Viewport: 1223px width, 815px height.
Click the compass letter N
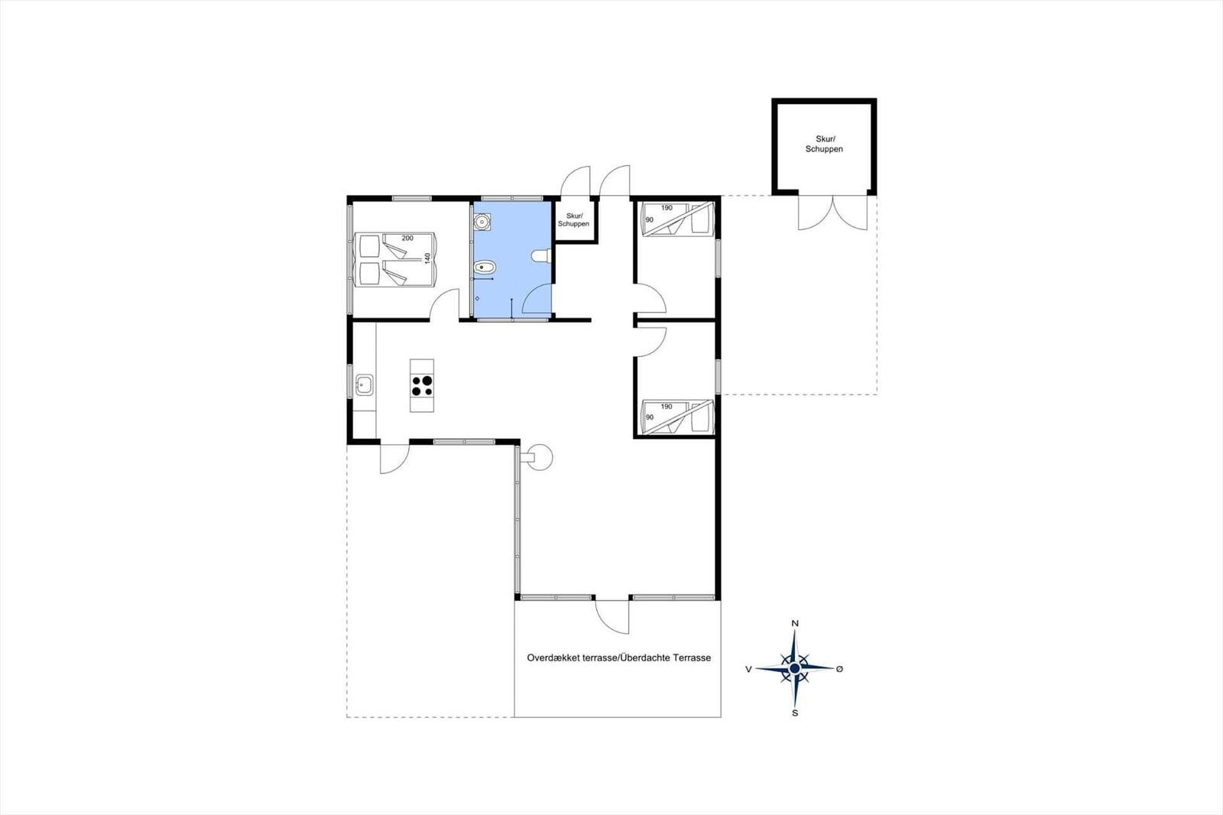click(x=795, y=623)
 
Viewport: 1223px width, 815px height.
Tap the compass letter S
click(x=795, y=713)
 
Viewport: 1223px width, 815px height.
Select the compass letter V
click(x=748, y=669)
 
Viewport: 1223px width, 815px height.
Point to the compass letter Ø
click(x=839, y=669)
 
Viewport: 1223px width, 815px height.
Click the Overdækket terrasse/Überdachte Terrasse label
click(x=618, y=658)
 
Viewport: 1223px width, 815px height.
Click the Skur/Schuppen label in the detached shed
click(x=824, y=144)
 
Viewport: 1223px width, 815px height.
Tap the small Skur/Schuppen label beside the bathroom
click(x=573, y=220)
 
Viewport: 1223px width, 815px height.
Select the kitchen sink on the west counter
click(x=364, y=385)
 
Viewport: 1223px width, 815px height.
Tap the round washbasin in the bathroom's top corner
click(x=482, y=222)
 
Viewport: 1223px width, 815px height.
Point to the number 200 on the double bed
click(x=407, y=239)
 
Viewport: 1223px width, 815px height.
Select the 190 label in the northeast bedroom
click(x=667, y=208)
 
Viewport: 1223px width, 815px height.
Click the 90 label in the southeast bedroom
click(x=650, y=417)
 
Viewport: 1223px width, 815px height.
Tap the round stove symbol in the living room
click(x=540, y=458)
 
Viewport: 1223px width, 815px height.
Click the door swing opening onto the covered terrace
click(x=612, y=615)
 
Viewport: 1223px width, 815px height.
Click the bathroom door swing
click(x=537, y=299)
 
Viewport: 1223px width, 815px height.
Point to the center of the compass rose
click(x=795, y=668)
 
